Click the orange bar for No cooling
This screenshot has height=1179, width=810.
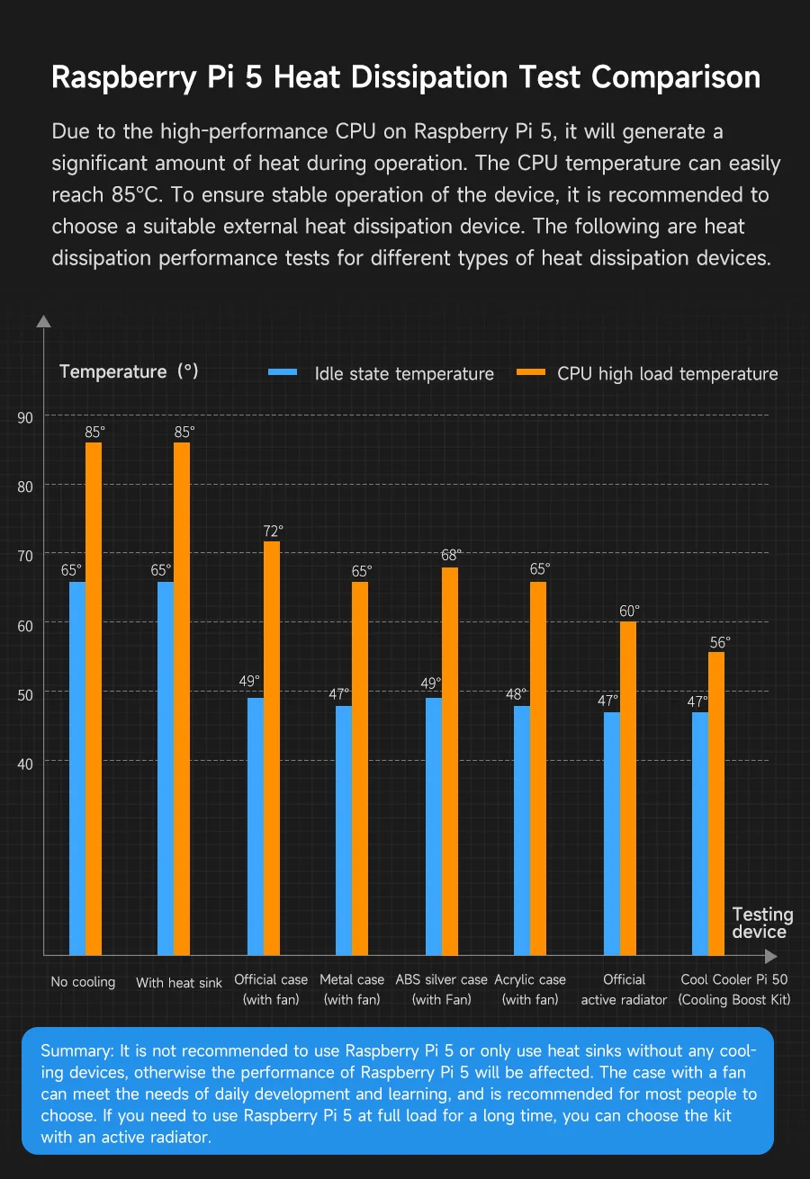click(94, 698)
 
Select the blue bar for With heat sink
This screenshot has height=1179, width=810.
click(166, 768)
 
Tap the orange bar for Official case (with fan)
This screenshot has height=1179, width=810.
click(272, 747)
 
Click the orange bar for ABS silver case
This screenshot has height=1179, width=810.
click(450, 761)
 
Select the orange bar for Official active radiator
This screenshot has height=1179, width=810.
click(628, 788)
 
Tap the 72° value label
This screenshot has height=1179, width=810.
click(274, 531)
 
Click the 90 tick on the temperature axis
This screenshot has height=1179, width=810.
click(25, 417)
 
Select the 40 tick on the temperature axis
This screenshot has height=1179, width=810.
click(25, 764)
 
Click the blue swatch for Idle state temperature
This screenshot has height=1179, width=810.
click(283, 371)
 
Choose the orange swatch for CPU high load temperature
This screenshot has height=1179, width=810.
click(531, 371)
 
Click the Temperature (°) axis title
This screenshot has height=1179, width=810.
click(129, 371)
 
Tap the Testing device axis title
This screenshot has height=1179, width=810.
click(762, 923)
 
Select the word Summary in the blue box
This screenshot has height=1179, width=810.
click(72, 1051)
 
